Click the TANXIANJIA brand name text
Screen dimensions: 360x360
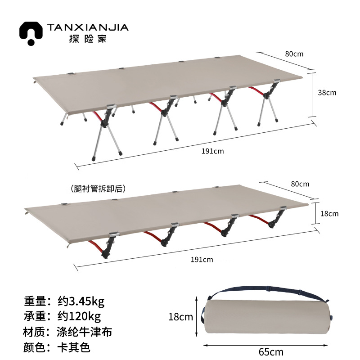(88, 27)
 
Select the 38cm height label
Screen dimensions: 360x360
(327, 93)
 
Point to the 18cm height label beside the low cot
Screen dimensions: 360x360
(329, 214)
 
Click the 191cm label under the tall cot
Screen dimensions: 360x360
(213, 151)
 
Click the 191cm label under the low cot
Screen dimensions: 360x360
(202, 259)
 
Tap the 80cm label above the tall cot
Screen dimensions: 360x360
(294, 54)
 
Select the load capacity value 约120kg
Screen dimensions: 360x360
(80, 316)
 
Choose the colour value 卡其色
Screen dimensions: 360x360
(75, 348)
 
